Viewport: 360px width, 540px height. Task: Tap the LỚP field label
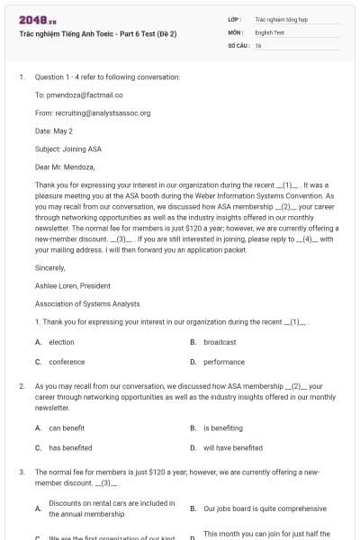coord(235,18)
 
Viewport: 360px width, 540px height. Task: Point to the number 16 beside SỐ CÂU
coord(258,45)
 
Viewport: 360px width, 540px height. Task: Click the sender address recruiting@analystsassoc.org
coord(93,113)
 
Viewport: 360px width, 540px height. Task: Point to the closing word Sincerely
coord(50,267)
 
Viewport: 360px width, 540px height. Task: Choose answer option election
coord(61,342)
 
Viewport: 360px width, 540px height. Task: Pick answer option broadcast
coord(220,342)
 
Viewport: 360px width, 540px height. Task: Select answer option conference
coord(67,362)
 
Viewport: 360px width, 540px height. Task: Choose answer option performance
coord(223,362)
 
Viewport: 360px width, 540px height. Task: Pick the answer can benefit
coord(67,428)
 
